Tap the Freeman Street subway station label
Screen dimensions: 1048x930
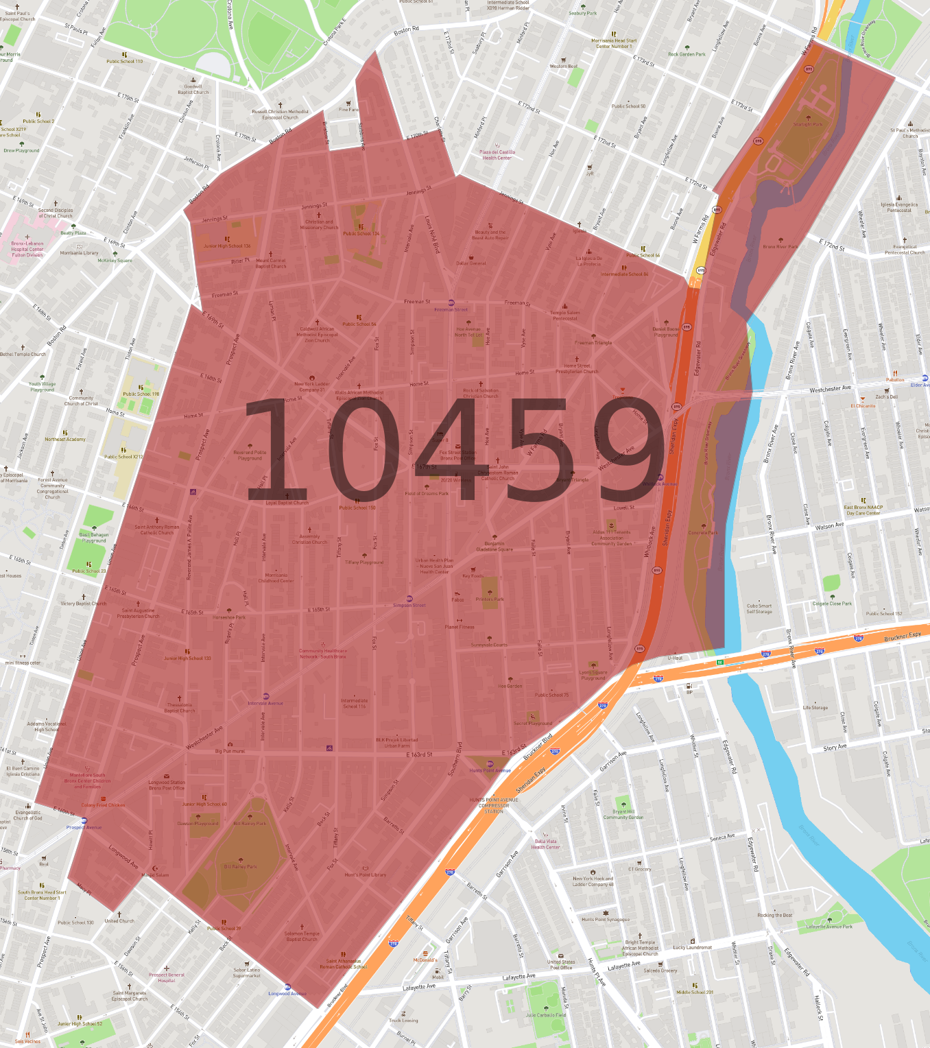click(451, 309)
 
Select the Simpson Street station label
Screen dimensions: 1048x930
click(409, 605)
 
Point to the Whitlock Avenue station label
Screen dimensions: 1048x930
click(660, 484)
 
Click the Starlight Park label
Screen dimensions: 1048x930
click(807, 124)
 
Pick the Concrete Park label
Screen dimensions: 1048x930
click(703, 532)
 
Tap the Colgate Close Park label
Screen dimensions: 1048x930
click(832, 604)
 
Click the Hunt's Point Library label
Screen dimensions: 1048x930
click(366, 874)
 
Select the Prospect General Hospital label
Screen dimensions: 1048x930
click(167, 977)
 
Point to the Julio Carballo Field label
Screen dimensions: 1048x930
click(546, 1015)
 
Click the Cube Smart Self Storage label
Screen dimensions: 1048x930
click(759, 608)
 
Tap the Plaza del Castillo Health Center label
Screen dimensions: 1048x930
click(497, 155)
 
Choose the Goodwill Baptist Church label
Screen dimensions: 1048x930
click(193, 89)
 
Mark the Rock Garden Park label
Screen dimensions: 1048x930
click(687, 54)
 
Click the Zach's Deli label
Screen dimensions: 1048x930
click(886, 396)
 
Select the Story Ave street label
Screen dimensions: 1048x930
click(835, 748)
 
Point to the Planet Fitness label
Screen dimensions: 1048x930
click(460, 627)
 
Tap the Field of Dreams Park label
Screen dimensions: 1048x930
click(427, 493)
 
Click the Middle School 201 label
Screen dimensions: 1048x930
click(695, 992)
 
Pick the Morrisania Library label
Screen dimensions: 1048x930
click(80, 252)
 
